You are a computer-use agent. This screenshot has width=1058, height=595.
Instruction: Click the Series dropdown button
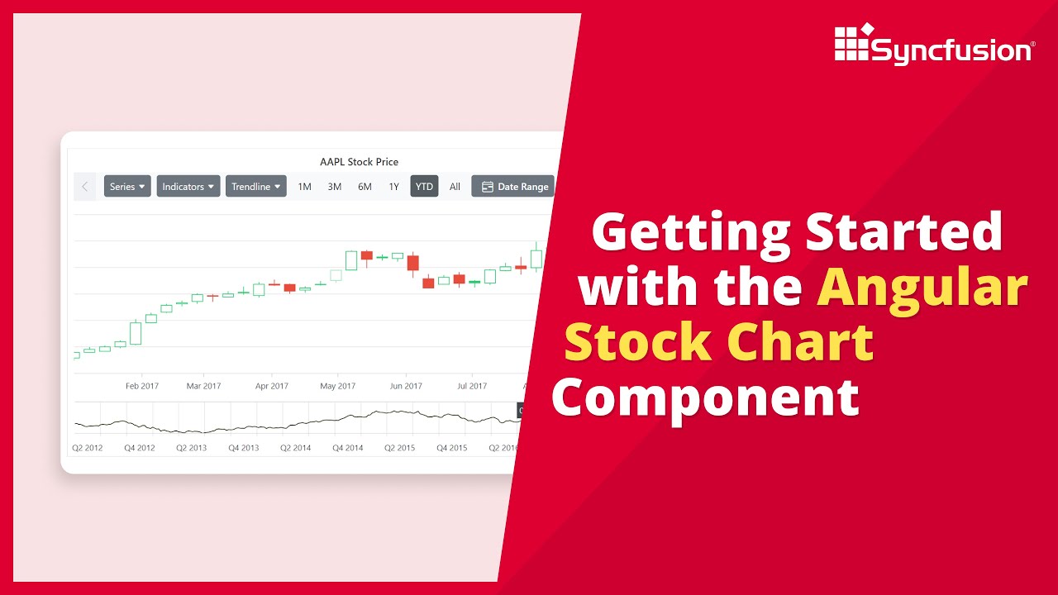127,187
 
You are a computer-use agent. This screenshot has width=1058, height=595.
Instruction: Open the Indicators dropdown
188,187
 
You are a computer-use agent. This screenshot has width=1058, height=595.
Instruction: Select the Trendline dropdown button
256,187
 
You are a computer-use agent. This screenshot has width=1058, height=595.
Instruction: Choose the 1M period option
304,187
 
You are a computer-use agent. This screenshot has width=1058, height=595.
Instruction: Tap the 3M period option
334,187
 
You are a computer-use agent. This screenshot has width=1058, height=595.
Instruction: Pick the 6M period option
365,187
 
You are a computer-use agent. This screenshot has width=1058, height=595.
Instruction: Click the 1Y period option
393,187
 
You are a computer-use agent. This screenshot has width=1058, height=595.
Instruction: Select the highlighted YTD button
424,187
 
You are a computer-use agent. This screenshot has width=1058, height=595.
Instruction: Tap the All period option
455,187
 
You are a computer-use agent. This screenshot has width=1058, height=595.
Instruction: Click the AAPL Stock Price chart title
359,162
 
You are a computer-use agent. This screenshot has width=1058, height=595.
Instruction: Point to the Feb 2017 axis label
142,386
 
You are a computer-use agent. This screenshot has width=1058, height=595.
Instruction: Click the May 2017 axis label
337,386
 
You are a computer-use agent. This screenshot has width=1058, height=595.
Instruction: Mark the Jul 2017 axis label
472,386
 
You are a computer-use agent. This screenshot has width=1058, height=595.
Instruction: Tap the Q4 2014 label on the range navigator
348,448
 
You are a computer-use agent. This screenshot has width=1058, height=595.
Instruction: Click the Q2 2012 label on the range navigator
88,448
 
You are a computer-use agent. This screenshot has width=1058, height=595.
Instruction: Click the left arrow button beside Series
84,187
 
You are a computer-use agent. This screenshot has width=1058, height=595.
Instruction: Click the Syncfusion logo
934,45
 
